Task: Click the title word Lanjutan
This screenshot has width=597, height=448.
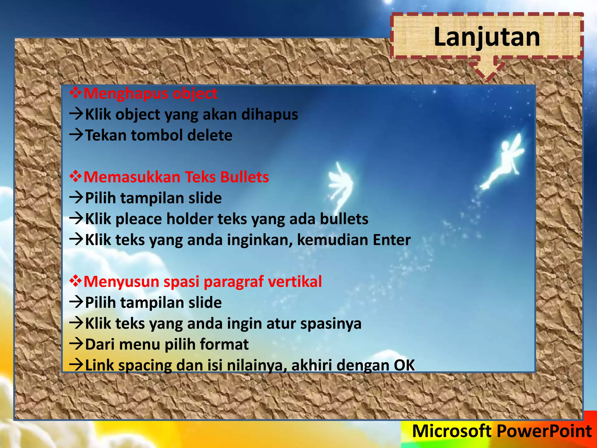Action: point(487,37)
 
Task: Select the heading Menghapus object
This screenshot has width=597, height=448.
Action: point(150,94)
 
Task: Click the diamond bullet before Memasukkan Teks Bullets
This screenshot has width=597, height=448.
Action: point(75,177)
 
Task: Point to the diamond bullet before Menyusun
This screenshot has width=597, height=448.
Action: point(75,281)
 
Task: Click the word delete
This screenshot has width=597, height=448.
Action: point(210,135)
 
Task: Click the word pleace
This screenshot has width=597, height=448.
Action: point(138,219)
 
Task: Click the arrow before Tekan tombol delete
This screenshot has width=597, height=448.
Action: point(76,135)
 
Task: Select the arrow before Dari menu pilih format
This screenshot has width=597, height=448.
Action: point(76,344)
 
